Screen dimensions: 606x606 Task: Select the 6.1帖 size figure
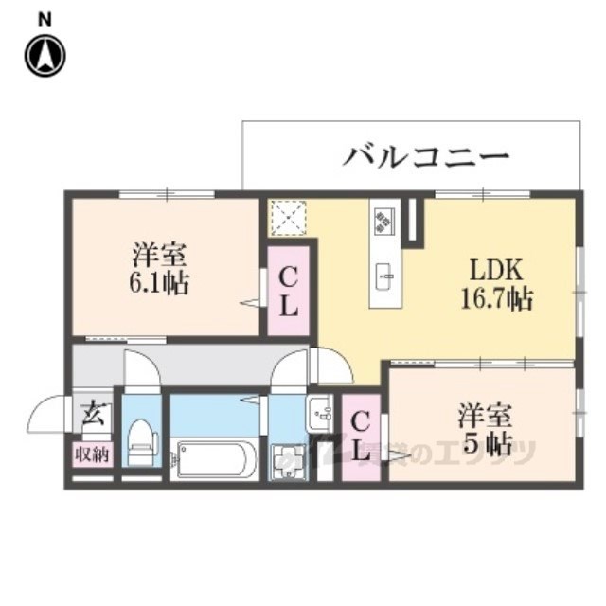click(160, 283)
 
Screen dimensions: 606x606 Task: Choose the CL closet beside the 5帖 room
click(361, 437)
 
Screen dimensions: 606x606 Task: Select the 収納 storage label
click(92, 454)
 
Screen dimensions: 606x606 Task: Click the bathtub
click(215, 459)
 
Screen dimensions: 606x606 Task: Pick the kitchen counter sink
click(385, 277)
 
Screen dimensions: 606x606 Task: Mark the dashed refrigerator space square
click(286, 217)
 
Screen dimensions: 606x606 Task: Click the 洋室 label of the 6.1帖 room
click(160, 254)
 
